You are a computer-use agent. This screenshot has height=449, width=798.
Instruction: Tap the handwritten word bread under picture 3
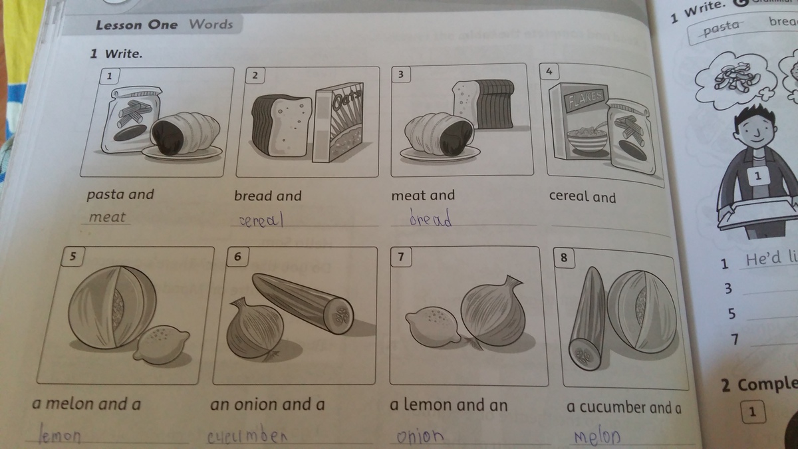coord(430,218)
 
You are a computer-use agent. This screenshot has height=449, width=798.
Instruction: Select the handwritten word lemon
coord(59,434)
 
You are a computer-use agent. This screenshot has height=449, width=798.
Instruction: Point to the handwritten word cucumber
coord(247,435)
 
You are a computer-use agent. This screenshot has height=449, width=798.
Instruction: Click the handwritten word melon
coord(597,436)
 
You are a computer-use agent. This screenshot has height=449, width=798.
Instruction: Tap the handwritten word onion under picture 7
coord(420,436)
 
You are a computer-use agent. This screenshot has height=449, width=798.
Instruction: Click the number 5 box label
coord(72,257)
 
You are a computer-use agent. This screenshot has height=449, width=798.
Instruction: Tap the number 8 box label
coord(564,257)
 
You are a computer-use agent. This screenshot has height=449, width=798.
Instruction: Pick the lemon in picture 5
coord(162,345)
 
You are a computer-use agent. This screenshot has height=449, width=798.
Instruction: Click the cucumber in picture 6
coord(303,303)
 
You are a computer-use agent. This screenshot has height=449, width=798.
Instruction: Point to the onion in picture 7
coord(493,311)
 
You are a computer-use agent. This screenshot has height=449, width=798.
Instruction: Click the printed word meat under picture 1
coord(107,217)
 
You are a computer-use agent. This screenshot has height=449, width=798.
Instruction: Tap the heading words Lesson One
coord(136,25)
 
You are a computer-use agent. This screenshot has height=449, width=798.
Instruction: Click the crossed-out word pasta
coord(722,28)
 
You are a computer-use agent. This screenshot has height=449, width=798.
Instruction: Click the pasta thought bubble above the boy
coord(735,80)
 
